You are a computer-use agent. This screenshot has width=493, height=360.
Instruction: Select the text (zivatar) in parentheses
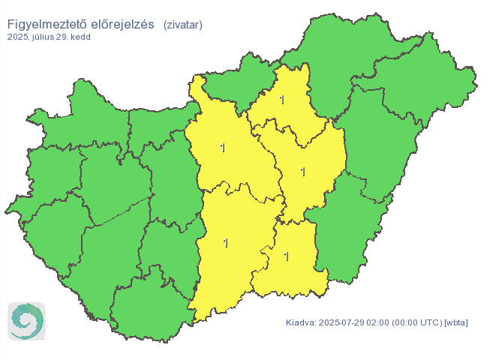182,25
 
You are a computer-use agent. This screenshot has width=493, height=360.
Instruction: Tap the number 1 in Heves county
283,100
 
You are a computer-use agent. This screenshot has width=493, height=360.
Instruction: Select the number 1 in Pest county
223,148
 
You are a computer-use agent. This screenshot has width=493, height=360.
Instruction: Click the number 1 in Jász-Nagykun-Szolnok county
303,172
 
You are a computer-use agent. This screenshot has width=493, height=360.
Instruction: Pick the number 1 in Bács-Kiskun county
225,243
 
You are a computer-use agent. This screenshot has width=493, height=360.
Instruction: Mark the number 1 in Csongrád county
287,256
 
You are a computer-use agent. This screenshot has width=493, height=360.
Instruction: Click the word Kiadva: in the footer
301,323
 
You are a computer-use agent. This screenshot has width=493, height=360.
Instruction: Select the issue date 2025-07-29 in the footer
342,323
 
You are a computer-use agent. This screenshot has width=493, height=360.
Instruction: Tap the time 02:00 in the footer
379,323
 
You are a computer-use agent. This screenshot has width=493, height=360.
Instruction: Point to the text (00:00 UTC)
416,323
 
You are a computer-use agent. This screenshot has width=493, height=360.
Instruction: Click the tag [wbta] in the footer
456,323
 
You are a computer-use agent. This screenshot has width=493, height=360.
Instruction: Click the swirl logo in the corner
27,321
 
